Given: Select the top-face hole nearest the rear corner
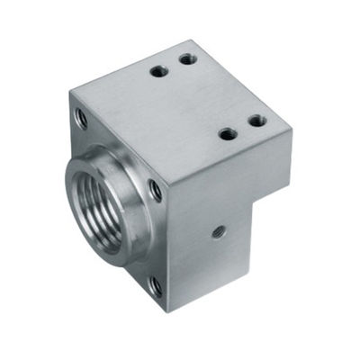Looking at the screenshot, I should [x=189, y=58].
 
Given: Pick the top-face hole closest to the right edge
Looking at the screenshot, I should [x=255, y=119].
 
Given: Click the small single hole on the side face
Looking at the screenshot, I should [x=216, y=230].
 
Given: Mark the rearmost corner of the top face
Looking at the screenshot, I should [x=196, y=40].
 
